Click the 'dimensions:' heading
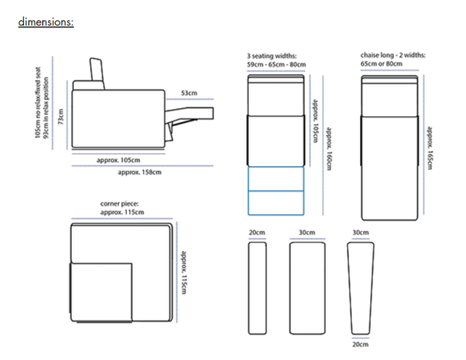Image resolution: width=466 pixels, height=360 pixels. coord(46,22)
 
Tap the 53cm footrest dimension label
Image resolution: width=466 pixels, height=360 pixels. coord(189,93)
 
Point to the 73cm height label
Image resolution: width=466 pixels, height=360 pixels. coord(61,117)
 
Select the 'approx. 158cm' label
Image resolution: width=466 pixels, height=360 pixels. coord(139,172)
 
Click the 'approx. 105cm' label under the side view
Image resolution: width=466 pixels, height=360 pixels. coord(118,160)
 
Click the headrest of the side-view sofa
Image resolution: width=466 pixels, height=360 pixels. coord(97,73)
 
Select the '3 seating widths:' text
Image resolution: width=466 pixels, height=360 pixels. coord(271,56)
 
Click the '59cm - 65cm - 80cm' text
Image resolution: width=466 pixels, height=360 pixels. coord(277,64)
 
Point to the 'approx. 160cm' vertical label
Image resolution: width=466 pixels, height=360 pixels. coord(329,149)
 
